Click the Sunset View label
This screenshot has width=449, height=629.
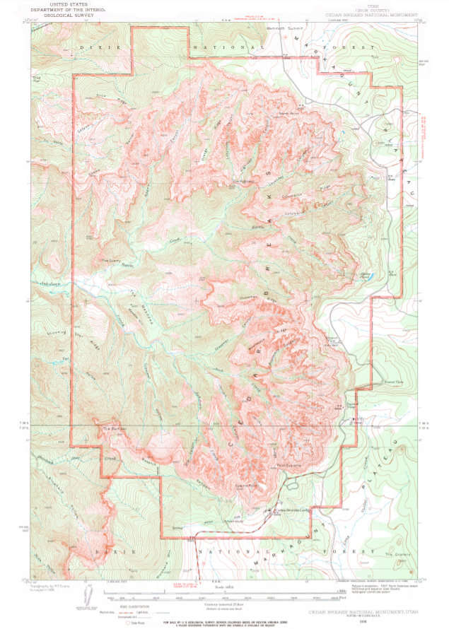click(x=373, y=380)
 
